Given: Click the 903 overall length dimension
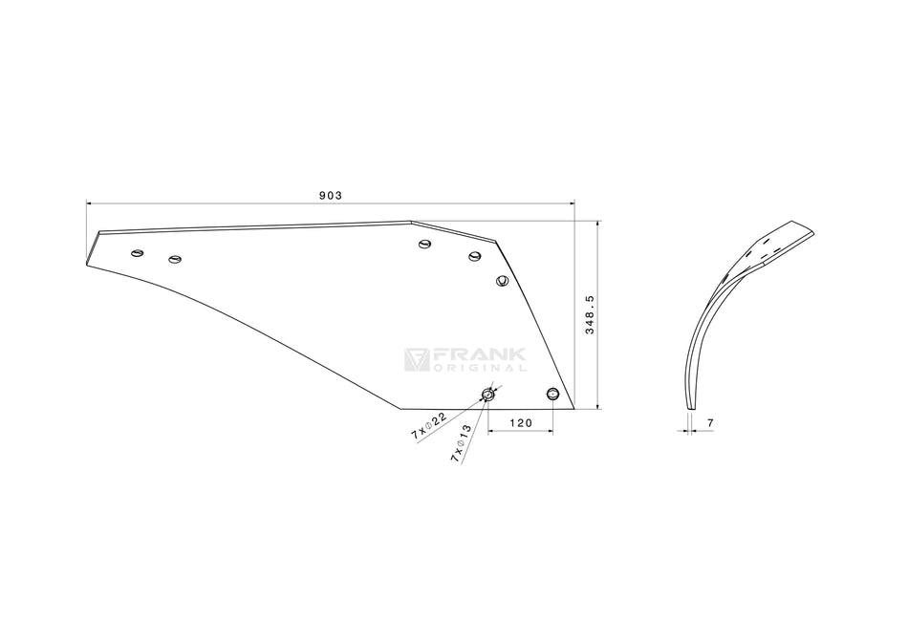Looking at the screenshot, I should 331,195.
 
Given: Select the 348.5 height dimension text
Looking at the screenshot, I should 590,314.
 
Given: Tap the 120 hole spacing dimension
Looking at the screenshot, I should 520,421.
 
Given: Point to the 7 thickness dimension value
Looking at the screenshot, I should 711,421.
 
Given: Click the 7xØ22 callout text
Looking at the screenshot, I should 429,424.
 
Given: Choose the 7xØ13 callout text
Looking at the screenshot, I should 461,445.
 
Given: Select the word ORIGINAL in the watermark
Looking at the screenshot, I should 478,368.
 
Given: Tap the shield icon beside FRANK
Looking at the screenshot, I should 417,359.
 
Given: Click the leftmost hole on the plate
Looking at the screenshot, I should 138,253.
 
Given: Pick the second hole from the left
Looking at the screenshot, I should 174,258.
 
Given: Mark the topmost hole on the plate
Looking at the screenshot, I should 425,246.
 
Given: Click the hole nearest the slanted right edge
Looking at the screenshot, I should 502,280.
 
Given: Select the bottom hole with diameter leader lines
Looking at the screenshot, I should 488,394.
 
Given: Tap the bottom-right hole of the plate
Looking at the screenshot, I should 551,394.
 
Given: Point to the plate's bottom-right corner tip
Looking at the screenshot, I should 573,408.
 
